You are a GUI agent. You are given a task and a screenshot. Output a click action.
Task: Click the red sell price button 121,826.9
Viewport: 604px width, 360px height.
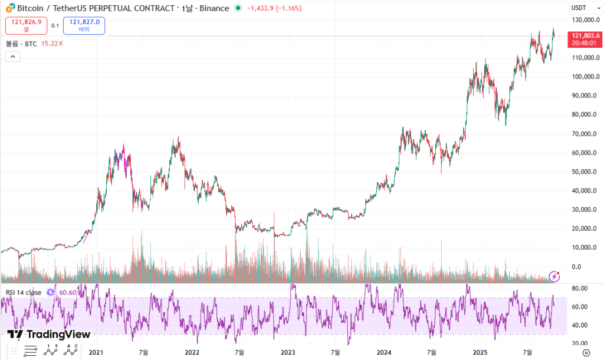coord(26,25)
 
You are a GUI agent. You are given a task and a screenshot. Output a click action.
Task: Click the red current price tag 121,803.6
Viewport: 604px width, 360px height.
coord(583,36)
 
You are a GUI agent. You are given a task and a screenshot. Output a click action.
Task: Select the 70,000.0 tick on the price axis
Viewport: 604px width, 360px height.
coord(586,134)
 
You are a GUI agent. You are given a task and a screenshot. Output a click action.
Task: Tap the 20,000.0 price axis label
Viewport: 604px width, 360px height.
coord(586,229)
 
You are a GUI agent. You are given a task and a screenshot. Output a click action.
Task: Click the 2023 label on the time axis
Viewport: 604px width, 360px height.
coord(288,352)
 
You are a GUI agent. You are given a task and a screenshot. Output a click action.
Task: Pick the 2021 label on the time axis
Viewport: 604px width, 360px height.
coord(96,352)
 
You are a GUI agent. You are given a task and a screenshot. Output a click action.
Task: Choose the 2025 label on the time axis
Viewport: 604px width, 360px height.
coord(480,352)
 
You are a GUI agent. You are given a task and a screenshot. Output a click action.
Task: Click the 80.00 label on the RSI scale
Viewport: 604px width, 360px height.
coord(579,288)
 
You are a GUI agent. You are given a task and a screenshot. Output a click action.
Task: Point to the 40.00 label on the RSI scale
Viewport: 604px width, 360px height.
coord(579,325)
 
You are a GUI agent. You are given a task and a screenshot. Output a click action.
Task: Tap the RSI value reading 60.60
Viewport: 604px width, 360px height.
coord(68,292)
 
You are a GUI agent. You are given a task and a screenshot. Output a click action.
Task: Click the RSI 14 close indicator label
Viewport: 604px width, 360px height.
coord(24,292)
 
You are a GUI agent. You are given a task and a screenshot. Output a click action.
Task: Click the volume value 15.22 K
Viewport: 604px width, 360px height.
coord(52,43)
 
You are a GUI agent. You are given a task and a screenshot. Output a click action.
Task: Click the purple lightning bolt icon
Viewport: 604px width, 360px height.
coord(554,276)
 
